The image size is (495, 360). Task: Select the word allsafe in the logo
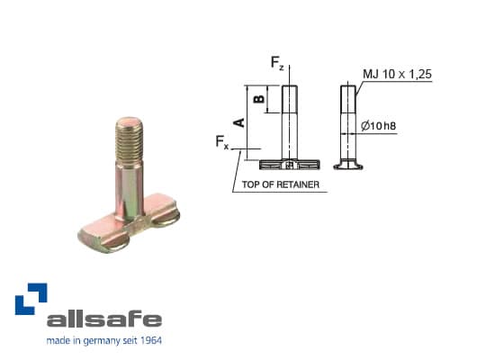pyautogui.click(x=103, y=319)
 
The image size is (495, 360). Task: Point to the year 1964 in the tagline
pyautogui.click(x=149, y=341)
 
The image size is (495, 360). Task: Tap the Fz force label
pyautogui.click(x=277, y=63)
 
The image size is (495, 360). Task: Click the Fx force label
pyautogui.click(x=222, y=142)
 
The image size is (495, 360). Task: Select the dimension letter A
pyautogui.click(x=238, y=121)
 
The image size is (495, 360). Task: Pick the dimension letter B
pyautogui.click(x=258, y=99)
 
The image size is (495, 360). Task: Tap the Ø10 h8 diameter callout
pyautogui.click(x=377, y=126)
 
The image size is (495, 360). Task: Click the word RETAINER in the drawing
pyautogui.click(x=296, y=185)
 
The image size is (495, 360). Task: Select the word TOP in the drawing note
pyautogui.click(x=250, y=185)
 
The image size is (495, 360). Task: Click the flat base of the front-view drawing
pyautogui.click(x=287, y=165)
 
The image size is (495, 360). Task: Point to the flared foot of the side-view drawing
pyautogui.click(x=347, y=165)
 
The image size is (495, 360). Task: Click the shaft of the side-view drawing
pyautogui.click(x=347, y=121)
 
